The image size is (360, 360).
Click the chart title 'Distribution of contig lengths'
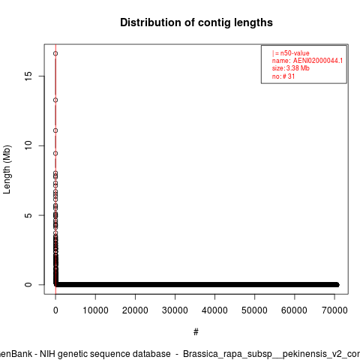pos(196,22)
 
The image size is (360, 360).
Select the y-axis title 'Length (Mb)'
pos(7,169)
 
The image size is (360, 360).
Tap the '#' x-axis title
pos(196,332)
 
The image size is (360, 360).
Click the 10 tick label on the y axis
pos(28,145)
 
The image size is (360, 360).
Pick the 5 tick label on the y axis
pos(28,215)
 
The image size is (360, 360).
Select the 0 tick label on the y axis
pos(28,285)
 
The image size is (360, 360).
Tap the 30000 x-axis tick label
pos(175,310)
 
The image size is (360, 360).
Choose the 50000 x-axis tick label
pos(254,310)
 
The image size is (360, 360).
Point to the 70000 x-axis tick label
pos(334,310)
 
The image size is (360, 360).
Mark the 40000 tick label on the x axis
pos(214,310)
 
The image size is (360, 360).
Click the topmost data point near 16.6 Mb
pos(55,53)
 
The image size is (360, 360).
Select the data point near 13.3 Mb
pos(55,100)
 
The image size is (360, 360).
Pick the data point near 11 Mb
pos(55,130)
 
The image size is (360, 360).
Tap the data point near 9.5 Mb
pos(55,153)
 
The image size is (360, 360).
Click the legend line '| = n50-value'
pos(291,53)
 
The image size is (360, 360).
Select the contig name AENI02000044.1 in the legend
pos(318,61)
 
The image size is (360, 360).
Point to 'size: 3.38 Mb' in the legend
pos(291,68)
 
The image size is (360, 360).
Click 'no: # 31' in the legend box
pos(283,76)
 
